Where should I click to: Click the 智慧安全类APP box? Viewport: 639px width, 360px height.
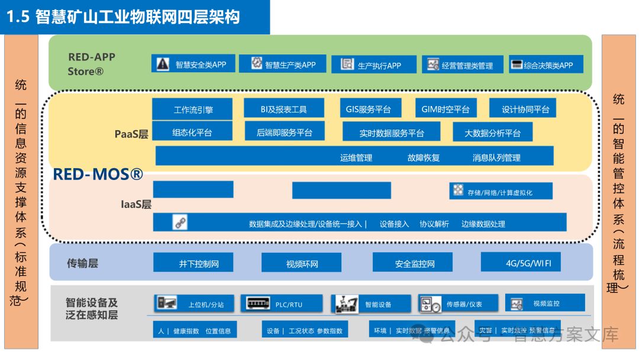[x=193, y=64]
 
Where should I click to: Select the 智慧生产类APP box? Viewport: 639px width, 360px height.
[x=282, y=64]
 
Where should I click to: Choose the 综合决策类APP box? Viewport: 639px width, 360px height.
[x=546, y=65]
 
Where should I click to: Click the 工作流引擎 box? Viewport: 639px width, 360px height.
[x=193, y=109]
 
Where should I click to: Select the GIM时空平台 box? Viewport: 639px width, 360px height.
[x=445, y=109]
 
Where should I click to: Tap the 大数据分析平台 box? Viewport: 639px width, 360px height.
[x=492, y=133]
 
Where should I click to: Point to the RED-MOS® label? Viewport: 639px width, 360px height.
[x=98, y=174]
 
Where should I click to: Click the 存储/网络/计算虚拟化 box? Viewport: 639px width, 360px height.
[x=501, y=191]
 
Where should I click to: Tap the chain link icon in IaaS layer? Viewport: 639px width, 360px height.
[x=180, y=223]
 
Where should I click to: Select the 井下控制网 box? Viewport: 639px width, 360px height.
[x=193, y=263]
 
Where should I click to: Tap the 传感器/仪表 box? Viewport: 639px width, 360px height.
[x=458, y=304]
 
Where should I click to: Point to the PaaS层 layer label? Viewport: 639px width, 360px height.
[x=131, y=134]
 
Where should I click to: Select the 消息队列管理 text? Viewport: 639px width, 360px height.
[x=496, y=157]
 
